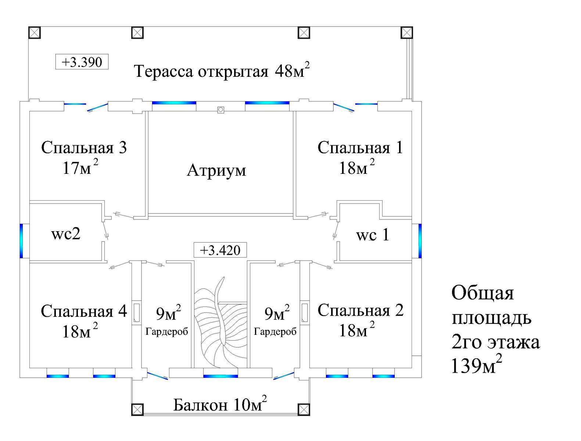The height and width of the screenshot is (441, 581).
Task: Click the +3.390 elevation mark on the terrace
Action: (x=82, y=62)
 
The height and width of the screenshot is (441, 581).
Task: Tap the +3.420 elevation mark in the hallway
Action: (x=220, y=250)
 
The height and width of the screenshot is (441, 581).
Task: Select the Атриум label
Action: (x=216, y=170)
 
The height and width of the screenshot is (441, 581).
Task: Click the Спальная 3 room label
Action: (x=84, y=148)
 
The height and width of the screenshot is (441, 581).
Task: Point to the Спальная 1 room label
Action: (x=360, y=148)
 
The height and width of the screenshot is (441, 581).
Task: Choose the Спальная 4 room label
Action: (x=84, y=311)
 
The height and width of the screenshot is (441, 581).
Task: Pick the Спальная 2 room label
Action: (x=360, y=311)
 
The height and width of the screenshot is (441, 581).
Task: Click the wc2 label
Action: (x=66, y=234)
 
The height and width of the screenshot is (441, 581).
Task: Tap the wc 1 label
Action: (x=372, y=235)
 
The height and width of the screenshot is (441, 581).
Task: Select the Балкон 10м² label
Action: (x=220, y=405)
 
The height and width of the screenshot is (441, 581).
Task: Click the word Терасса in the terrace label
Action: (x=164, y=71)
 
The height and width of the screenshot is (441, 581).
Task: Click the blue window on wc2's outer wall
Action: (x=21, y=240)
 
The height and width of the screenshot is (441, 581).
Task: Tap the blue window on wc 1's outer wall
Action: (x=420, y=240)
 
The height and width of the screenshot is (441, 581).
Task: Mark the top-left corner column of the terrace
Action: (x=34, y=33)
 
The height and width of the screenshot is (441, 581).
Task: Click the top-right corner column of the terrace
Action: (x=407, y=33)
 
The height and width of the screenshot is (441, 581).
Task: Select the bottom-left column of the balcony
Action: (x=137, y=409)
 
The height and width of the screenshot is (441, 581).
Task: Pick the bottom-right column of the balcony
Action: (x=304, y=409)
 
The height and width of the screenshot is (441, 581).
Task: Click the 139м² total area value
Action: (x=476, y=366)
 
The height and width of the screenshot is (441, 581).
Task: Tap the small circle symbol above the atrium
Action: (x=220, y=109)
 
